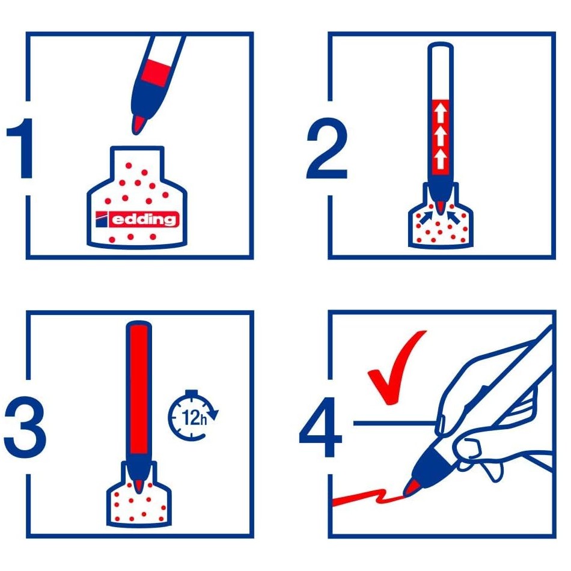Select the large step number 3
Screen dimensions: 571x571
coord(25,427)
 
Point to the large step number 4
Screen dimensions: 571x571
coord(320,427)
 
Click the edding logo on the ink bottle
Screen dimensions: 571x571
coord(137,219)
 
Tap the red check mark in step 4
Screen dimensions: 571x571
coord(395,368)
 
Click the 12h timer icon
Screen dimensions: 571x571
coord(193,415)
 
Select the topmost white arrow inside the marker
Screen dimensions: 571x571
coord(441,112)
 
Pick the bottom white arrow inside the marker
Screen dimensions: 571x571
coord(441,158)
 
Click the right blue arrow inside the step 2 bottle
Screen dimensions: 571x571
coord(454,218)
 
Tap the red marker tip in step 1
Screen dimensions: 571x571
coord(139,124)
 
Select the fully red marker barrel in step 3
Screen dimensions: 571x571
coord(139,390)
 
